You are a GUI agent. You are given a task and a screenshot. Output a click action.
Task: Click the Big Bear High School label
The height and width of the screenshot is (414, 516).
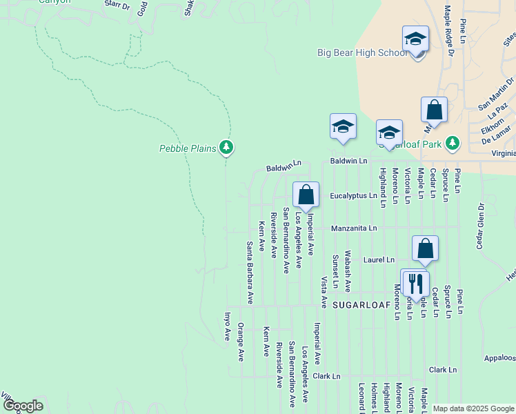tap(362, 52)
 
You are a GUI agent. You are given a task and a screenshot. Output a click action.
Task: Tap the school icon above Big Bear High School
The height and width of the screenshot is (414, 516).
tap(415, 39)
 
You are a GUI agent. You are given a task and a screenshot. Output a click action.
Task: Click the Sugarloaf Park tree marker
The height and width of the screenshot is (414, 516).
tap(452, 143)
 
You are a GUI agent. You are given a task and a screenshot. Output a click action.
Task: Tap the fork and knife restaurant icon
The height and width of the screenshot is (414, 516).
tap(415, 283)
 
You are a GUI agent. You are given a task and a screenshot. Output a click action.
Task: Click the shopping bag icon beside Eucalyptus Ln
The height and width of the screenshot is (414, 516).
tap(306, 195)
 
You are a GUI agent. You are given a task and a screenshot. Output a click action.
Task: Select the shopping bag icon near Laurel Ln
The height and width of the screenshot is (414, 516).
tap(426, 249)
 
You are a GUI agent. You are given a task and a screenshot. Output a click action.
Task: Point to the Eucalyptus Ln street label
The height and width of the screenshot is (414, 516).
tap(353, 196)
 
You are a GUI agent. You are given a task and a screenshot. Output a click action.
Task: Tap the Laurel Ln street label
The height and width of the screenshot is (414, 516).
tap(380, 260)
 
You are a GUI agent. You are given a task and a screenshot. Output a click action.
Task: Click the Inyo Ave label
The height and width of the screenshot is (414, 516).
tap(227, 326)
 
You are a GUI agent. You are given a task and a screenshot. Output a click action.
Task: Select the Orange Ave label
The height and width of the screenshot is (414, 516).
tap(241, 342)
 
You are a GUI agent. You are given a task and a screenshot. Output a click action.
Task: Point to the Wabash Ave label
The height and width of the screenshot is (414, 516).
tap(348, 271)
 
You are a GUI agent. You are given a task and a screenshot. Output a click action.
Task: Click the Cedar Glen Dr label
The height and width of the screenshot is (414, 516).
tap(478, 227)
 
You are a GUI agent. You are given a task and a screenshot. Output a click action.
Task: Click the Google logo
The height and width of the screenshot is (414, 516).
tap(23, 406)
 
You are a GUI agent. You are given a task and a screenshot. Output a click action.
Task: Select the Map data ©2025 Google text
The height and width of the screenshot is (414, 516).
tap(473, 408)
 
